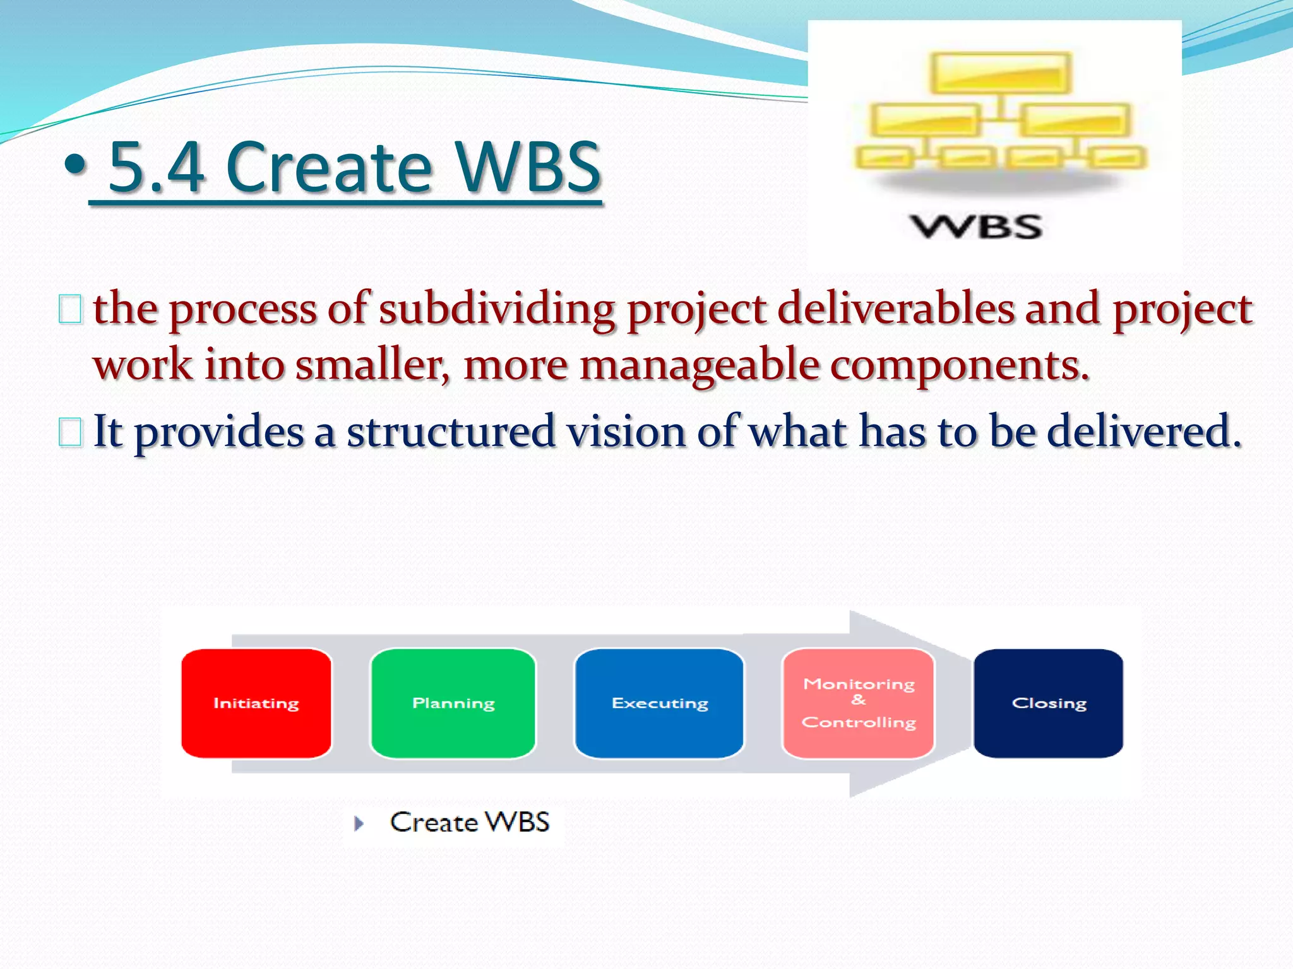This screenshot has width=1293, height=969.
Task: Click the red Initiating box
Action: (256, 703)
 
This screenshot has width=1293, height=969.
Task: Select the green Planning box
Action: (453, 703)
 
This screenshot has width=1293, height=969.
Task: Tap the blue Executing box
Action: (659, 703)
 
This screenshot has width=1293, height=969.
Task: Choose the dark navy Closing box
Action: (1048, 703)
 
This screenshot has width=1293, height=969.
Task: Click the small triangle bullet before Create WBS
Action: (359, 823)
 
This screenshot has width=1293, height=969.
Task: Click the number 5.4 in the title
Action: (157, 167)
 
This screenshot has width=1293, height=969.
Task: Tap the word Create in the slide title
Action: (328, 167)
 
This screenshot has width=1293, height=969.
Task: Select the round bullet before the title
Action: (75, 165)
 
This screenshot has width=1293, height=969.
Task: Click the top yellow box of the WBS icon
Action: (1001, 73)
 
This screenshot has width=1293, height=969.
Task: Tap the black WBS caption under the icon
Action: (976, 226)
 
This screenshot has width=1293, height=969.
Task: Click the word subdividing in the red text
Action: (496, 309)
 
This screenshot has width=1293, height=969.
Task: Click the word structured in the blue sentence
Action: (451, 432)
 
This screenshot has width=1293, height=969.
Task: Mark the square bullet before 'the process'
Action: (70, 309)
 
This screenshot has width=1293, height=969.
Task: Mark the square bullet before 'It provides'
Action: (70, 433)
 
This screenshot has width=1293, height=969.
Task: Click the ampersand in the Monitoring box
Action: (858, 700)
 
